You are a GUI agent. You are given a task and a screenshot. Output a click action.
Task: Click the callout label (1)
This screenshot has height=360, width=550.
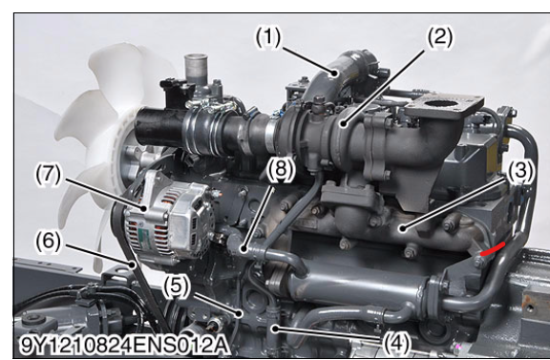pos(268,37)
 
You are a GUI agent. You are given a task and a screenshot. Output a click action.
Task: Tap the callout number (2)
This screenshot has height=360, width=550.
pos(439,37)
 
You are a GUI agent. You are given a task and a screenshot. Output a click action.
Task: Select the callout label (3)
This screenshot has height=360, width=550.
pos(520,171)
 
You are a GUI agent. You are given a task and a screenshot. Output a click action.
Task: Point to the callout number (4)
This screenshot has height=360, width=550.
pos(396,343)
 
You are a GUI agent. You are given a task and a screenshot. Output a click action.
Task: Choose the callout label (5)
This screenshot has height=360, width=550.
pos(177,286)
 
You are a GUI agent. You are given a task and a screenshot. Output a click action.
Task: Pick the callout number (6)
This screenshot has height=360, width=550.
pos(49,242)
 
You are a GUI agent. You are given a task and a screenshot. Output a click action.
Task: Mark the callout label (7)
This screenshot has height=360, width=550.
pos(49,175)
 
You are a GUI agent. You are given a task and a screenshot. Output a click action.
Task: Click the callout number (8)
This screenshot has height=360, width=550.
pos(282,170)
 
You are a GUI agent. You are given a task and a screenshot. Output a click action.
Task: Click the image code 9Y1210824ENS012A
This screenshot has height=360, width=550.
pos(124,346)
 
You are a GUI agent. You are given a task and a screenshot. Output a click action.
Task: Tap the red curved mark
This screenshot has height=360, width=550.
pos(493,248)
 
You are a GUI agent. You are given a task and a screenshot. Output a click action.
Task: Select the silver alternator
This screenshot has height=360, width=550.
pos(168,218)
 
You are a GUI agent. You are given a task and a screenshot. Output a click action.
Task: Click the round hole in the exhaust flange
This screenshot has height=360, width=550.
pos(441,103)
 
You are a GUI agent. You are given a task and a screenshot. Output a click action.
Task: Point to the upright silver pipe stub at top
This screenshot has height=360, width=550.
pos(196,69)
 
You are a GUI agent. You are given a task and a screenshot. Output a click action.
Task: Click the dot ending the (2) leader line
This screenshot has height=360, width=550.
pos(344,123)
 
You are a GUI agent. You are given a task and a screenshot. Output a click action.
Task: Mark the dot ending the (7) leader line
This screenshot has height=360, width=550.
pos(144,208)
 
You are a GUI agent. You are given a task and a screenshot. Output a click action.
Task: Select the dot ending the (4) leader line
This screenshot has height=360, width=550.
pos(276,328)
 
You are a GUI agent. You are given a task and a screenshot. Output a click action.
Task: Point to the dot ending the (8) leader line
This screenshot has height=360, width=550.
pos(243,249)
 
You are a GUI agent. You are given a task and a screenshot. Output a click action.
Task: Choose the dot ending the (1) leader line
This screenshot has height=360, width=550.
pos(335,74)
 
